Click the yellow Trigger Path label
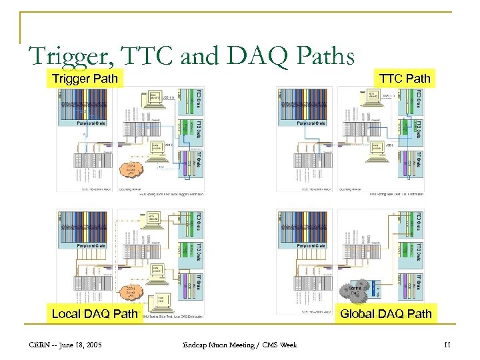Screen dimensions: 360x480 85,79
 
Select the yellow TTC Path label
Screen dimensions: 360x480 405,79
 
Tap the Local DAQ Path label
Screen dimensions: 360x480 95,313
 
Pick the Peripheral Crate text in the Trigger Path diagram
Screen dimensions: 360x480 92,123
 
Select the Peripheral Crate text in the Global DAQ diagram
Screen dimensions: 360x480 311,246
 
